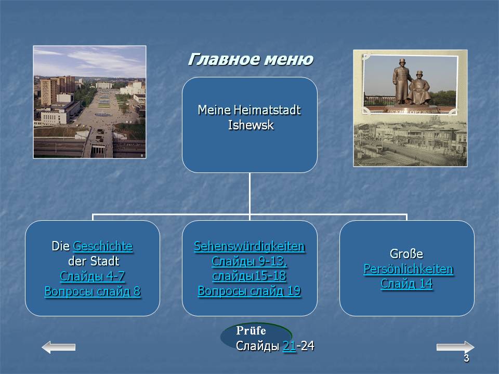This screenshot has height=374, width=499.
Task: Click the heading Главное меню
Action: point(251,59)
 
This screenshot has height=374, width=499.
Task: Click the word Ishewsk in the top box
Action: point(251,125)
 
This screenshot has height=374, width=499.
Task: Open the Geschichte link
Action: point(103,246)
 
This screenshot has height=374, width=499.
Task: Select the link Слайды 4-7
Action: point(93,276)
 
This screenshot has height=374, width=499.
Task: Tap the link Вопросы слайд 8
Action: point(93,291)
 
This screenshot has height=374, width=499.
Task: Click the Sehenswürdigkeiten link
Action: point(249,246)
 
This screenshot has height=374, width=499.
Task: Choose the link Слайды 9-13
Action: point(249,261)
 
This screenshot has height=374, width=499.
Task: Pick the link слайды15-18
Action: point(249,276)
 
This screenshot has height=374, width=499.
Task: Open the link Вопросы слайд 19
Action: point(249,291)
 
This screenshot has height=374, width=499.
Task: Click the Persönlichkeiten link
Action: point(409,269)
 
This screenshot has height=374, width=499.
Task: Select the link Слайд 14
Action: point(406,284)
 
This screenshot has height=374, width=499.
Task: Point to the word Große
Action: point(406,254)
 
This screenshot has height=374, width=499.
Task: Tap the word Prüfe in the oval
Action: point(251,331)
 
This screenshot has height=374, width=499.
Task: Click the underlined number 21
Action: point(290,346)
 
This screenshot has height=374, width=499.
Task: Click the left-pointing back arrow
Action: point(59,348)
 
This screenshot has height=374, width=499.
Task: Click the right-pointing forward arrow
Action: point(455,347)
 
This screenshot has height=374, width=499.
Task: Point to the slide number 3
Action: point(466,358)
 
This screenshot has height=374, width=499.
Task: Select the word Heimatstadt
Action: point(267,110)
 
